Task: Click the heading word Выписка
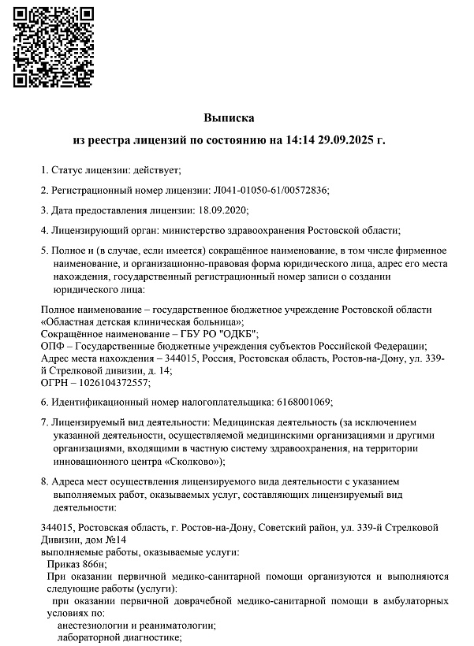[230, 117]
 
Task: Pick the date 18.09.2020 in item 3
[222, 210]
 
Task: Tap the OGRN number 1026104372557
[112, 382]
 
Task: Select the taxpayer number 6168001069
[304, 403]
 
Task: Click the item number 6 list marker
[43, 403]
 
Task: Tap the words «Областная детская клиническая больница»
[142, 322]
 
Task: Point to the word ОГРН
[54, 382]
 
